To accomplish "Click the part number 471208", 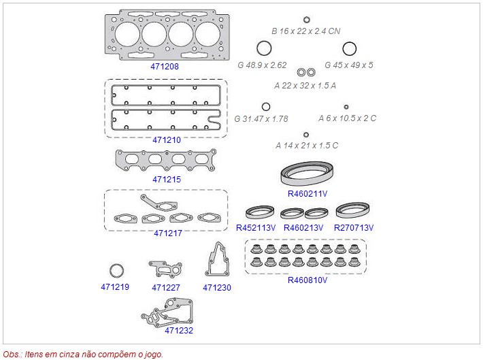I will [165, 67].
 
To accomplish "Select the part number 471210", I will [166, 140].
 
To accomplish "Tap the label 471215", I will [166, 180].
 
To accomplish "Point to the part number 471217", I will [167, 233].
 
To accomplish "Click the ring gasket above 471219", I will [117, 270].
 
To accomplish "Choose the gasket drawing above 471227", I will [165, 269].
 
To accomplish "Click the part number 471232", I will [179, 330].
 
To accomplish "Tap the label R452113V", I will [256, 227].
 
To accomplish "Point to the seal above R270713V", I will [353, 210].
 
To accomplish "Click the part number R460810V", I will [307, 280].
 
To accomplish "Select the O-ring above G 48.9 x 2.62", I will [264, 49].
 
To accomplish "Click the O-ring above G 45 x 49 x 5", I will [349, 49].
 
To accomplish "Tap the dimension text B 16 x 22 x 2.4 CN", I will [305, 31].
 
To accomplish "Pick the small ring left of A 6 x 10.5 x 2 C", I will [346, 107].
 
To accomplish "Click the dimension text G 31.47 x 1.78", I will [261, 118].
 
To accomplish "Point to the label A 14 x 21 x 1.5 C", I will [307, 146].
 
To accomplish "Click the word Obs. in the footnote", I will [12, 354].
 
